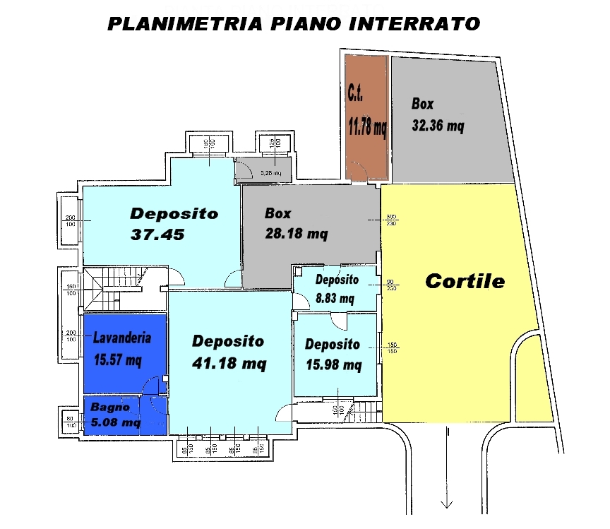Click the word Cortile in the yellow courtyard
tap(465, 281)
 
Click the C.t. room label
tap(357, 93)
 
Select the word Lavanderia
tap(122, 338)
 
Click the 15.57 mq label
tap(118, 359)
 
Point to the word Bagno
tap(109, 408)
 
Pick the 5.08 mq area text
tap(115, 423)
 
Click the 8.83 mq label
tap(335, 298)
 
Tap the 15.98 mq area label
tap(333, 365)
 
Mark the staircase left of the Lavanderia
tap(113, 289)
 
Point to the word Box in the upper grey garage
tap(422, 104)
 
